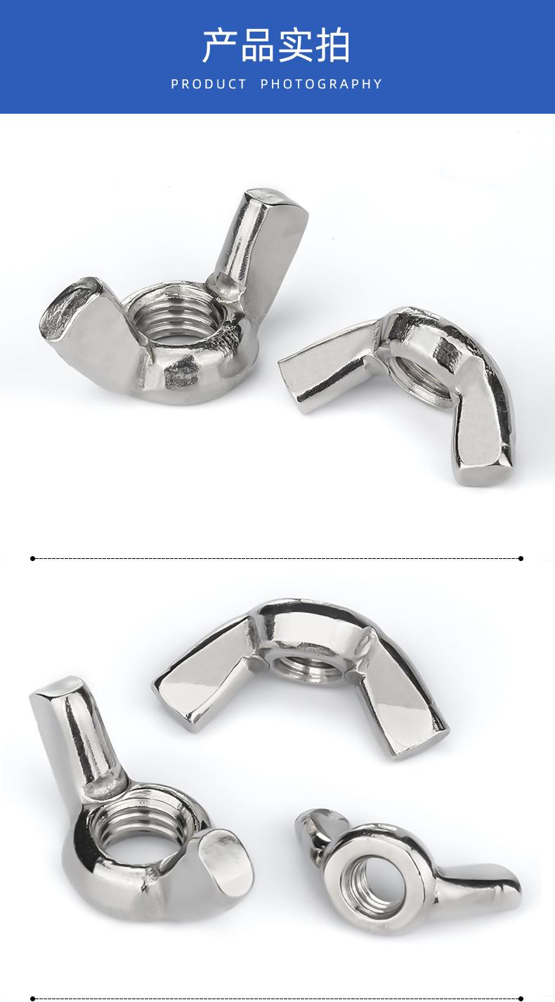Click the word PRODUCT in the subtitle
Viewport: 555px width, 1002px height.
(x=209, y=84)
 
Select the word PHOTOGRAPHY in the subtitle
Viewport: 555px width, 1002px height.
(x=321, y=84)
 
